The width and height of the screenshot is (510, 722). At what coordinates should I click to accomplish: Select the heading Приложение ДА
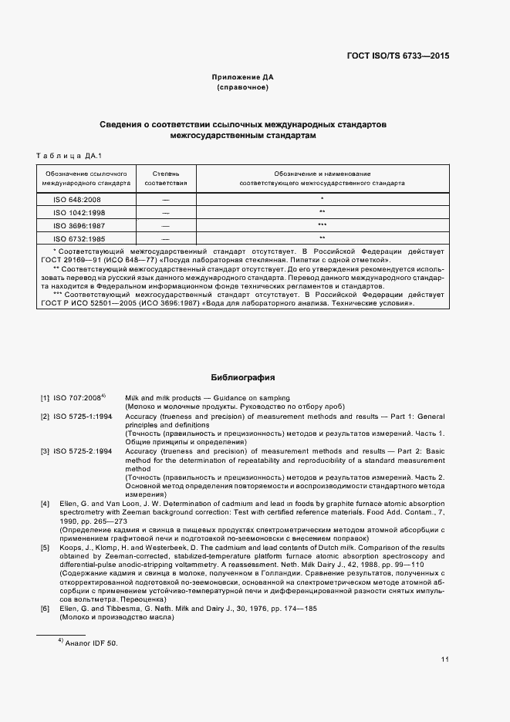point(243,77)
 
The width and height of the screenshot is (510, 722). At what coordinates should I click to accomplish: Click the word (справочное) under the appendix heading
point(243,88)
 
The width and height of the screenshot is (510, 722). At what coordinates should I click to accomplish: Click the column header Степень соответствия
point(166,179)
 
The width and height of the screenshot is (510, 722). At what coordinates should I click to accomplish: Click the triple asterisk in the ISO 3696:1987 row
point(322,225)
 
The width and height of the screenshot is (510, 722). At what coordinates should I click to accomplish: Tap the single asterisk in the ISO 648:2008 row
point(322,199)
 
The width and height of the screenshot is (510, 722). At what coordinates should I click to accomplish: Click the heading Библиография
point(243,377)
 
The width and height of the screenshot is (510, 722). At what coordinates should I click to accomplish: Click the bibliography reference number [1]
point(46,398)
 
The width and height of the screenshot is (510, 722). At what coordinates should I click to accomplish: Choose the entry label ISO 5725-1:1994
point(83,416)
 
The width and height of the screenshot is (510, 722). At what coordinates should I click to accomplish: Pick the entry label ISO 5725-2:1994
point(83,450)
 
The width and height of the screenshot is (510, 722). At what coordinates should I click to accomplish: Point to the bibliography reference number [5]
point(46,548)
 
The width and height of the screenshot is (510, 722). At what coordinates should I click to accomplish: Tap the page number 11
point(445,660)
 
